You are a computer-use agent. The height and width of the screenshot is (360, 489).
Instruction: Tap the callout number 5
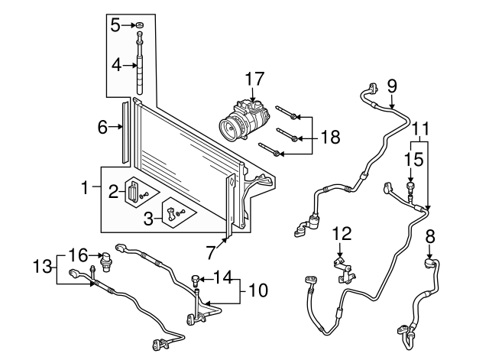pos(115,25)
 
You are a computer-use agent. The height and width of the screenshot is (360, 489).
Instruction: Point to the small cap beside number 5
pos(141,25)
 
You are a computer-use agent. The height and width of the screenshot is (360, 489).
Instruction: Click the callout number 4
pos(115,66)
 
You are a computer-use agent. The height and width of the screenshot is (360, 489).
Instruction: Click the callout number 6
pos(102,128)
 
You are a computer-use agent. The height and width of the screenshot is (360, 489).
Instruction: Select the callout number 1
pos(86,185)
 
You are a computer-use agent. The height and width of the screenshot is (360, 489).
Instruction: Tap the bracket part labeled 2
pos(135,191)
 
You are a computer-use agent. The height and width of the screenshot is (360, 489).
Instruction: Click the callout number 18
pos(329,138)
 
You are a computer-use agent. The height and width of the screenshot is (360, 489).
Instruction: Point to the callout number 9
pos(391,86)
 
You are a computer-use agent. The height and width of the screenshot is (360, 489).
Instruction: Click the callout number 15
pos(413,161)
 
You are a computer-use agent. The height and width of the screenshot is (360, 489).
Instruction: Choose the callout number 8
pos(430,236)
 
